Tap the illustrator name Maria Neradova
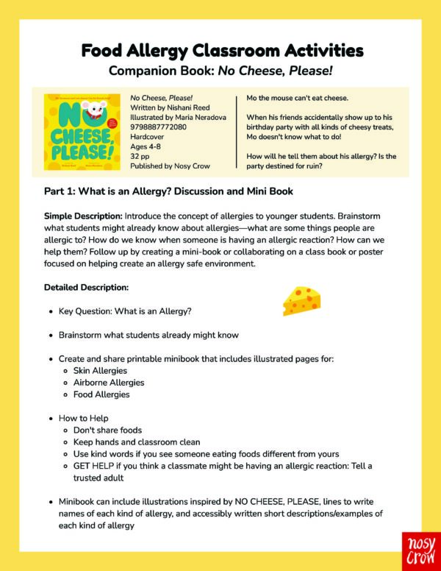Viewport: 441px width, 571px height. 193,116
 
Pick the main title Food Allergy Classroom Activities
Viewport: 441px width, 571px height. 221,51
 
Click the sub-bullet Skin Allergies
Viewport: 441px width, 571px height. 100,370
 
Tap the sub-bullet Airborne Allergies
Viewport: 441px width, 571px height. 109,382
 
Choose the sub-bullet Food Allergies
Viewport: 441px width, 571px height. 101,394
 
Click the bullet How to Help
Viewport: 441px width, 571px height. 84,418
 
